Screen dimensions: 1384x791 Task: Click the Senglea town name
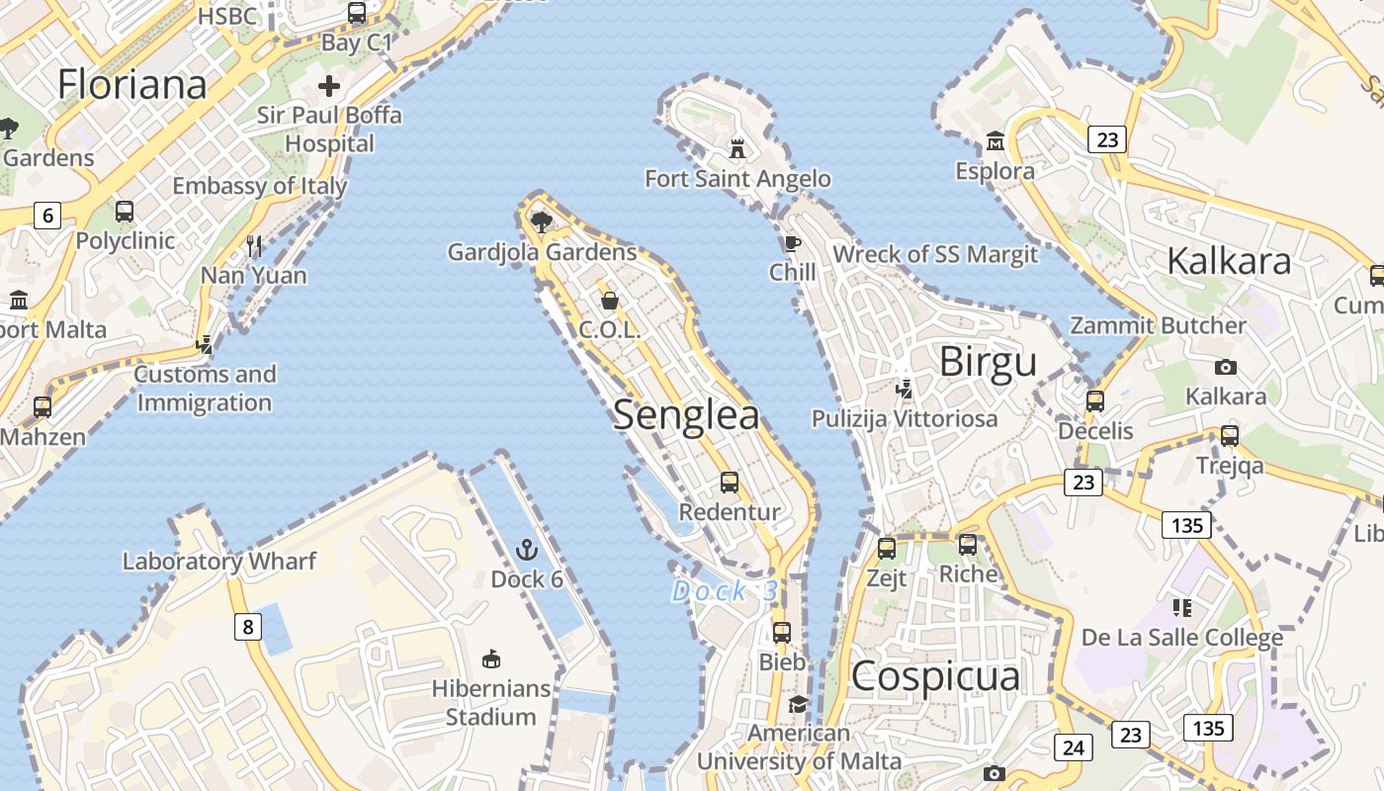click(686, 415)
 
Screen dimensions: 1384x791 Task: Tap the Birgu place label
click(988, 362)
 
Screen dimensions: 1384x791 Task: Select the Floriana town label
click(132, 84)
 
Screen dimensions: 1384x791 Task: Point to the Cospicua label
click(934, 677)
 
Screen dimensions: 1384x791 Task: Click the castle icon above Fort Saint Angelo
click(736, 149)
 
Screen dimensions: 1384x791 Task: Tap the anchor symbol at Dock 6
click(527, 550)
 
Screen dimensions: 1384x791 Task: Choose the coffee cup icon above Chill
click(792, 243)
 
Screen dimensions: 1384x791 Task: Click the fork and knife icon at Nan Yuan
click(254, 245)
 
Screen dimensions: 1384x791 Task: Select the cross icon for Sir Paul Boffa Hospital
click(329, 86)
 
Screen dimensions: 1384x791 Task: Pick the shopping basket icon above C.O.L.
click(610, 300)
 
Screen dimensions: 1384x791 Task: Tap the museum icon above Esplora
click(995, 141)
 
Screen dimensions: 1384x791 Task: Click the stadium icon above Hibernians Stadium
click(490, 659)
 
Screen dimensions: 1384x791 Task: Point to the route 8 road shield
click(247, 626)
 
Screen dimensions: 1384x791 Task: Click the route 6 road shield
click(46, 215)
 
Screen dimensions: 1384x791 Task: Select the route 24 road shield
click(1073, 747)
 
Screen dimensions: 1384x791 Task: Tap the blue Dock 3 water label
click(725, 591)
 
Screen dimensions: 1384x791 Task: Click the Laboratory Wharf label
click(218, 562)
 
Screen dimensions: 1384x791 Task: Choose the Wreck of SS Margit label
click(935, 254)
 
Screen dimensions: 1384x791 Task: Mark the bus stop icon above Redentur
click(730, 483)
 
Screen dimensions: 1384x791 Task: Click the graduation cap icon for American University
click(798, 704)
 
